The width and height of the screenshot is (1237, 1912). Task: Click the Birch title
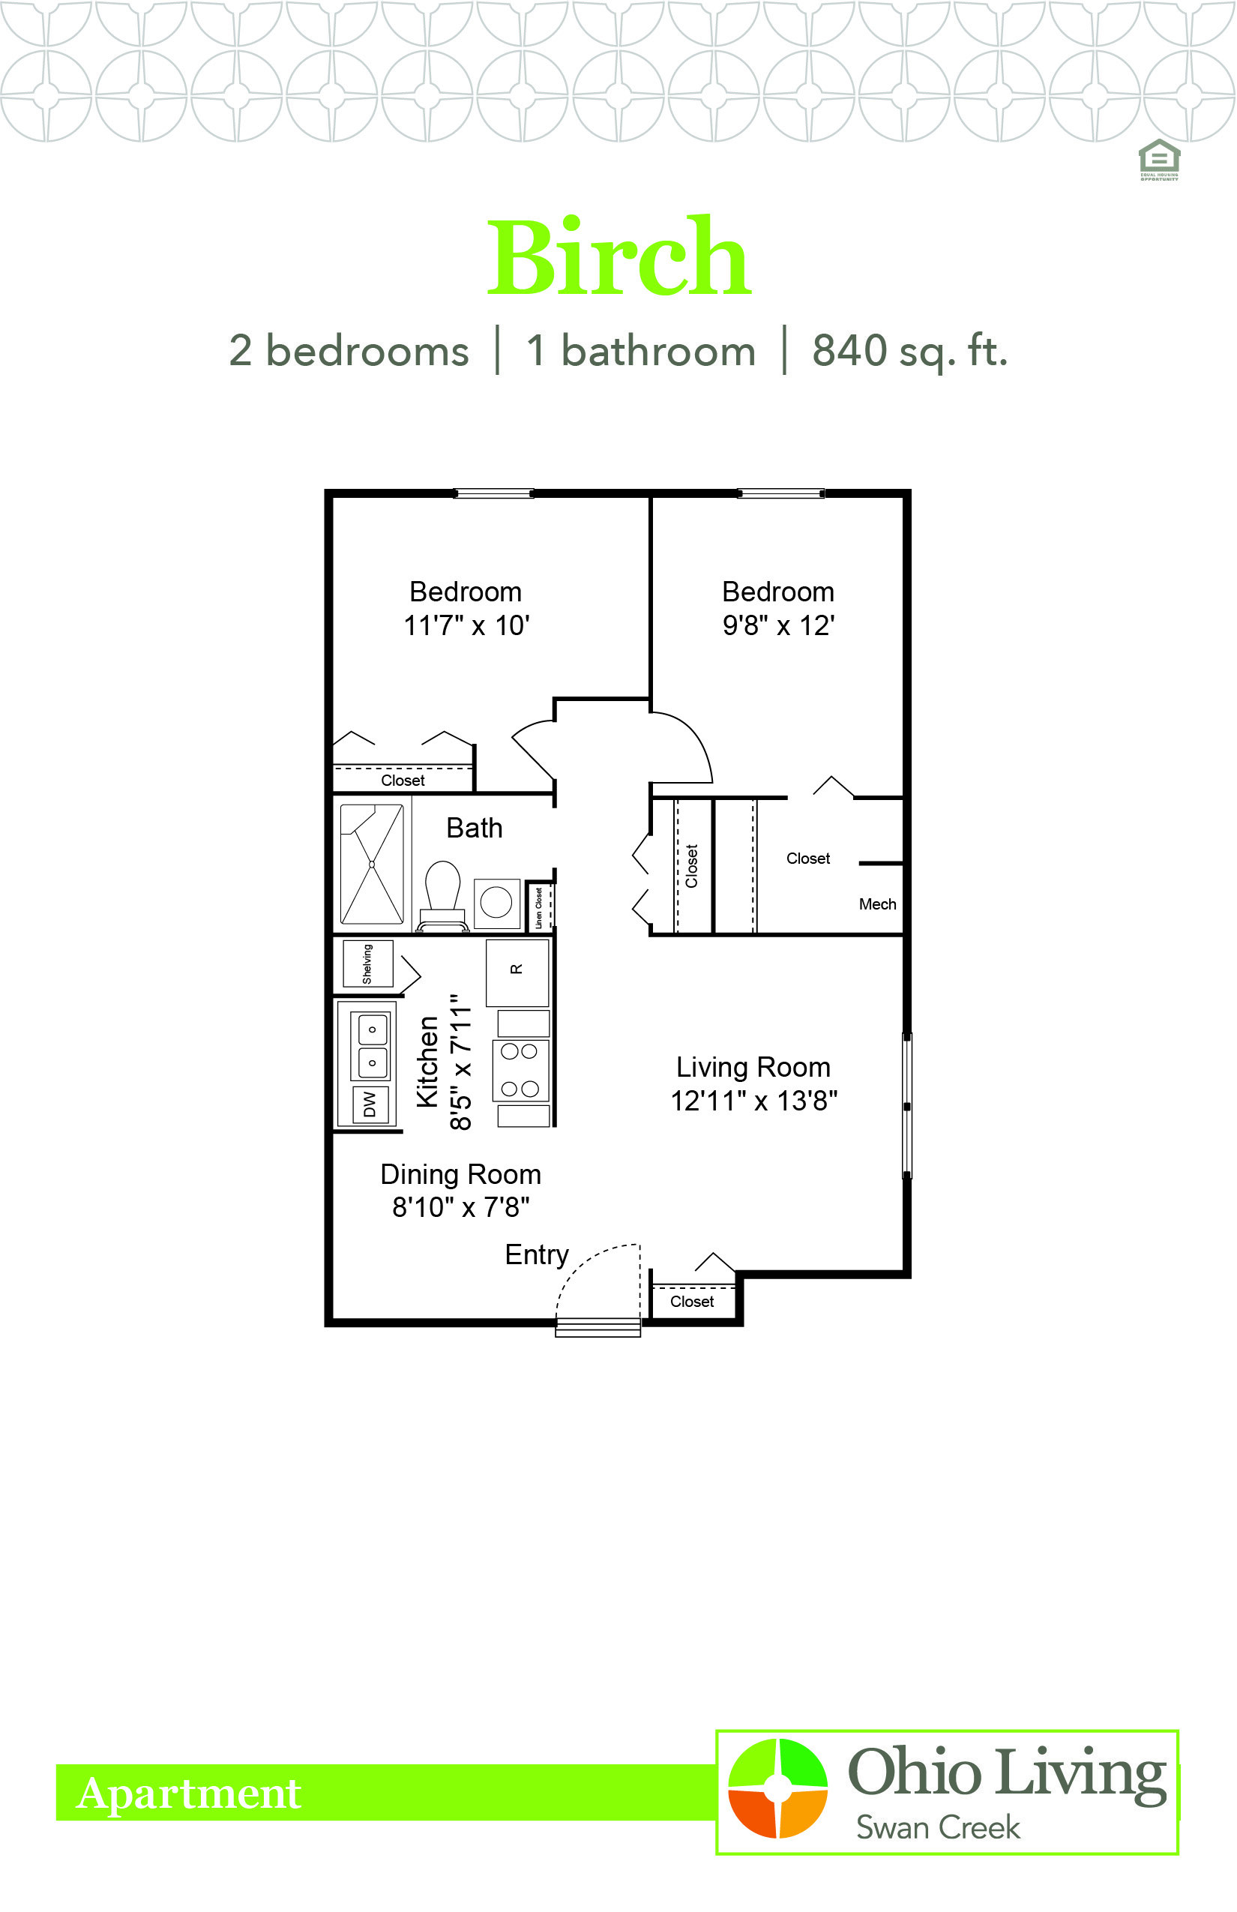pos(619,256)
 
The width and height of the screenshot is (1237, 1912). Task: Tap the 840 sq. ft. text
pos(909,352)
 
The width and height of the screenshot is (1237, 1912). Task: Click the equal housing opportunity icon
pos(1159,160)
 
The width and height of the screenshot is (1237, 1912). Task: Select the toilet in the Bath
pos(442,896)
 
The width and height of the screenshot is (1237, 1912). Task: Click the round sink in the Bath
pos(496,902)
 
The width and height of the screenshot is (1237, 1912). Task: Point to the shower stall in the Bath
pos(372,865)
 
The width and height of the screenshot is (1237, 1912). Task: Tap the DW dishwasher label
pos(370,1104)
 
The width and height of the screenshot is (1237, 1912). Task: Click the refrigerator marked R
pos(517,971)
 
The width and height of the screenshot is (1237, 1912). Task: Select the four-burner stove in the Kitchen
pos(520,1070)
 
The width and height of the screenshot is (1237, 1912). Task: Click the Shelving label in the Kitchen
pos(367,963)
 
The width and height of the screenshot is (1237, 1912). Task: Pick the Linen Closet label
pos(539,908)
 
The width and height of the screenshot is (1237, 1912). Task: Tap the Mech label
pos(877,904)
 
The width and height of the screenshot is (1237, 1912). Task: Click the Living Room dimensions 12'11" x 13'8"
pos(753,1101)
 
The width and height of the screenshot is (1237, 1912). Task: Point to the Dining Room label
pos(460,1173)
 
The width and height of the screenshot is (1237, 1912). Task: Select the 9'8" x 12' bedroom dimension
pos(778,625)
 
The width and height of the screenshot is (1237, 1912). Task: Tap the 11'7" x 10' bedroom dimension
pos(466,625)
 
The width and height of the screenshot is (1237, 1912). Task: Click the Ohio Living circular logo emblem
pos(777,1788)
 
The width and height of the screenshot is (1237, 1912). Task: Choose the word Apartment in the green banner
pos(189,1793)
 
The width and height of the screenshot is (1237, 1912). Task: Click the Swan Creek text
pos(937,1828)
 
